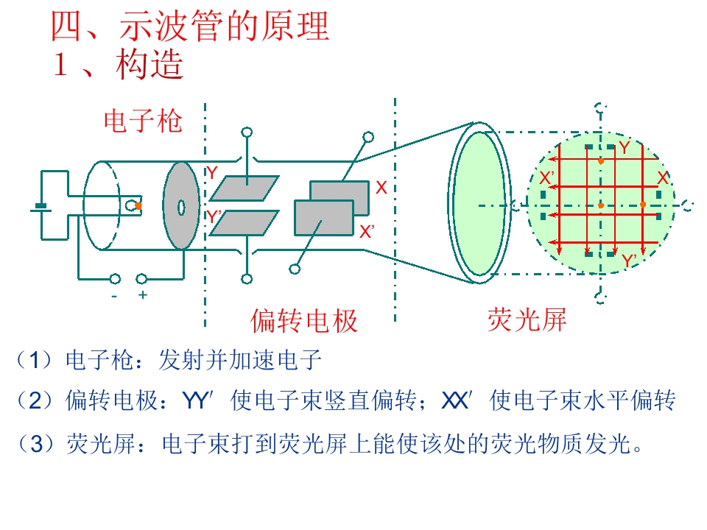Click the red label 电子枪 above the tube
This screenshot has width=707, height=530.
pos(143,121)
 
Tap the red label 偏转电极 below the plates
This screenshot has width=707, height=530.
pos(304,321)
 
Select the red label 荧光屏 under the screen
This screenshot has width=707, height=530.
pos(527,319)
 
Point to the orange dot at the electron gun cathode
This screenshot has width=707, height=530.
pos(138,205)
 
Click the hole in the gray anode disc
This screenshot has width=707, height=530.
pos(181,208)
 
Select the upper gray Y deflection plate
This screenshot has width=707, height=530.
pos(245,188)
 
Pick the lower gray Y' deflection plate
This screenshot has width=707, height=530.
pos(245,223)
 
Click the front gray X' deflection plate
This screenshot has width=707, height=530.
pos(324,218)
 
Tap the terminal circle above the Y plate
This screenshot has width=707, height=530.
pos(247,132)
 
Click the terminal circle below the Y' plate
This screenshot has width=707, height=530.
pos(247,279)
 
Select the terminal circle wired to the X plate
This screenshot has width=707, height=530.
pos(368,137)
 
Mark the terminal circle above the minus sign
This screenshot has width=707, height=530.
pos(115,280)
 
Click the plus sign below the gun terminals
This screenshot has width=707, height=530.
pos(142,295)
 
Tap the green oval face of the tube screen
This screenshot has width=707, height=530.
pos(479,203)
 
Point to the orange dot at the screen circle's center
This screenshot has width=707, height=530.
pos(601,205)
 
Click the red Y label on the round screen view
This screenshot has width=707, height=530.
pos(624,147)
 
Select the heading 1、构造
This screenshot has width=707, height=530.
pos(118,64)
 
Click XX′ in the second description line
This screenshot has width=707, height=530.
pos(457,400)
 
